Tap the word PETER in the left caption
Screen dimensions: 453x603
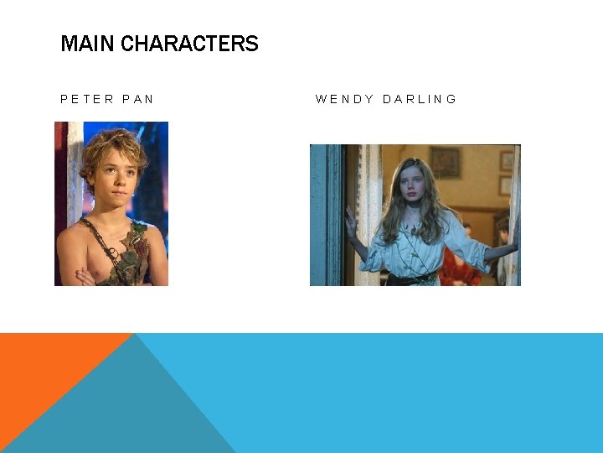[x=87, y=99]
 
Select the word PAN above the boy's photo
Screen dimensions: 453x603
[x=138, y=99]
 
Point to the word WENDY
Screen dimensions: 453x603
[x=344, y=99]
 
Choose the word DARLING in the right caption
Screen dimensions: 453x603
[x=420, y=99]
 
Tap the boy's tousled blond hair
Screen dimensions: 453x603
[x=112, y=144]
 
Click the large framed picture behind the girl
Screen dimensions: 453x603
[x=445, y=161]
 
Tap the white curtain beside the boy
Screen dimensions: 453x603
[x=75, y=168]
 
